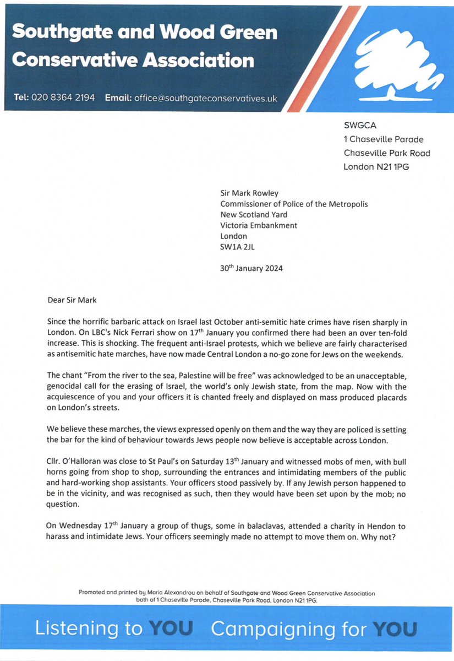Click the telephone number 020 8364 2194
[x=63, y=98]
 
